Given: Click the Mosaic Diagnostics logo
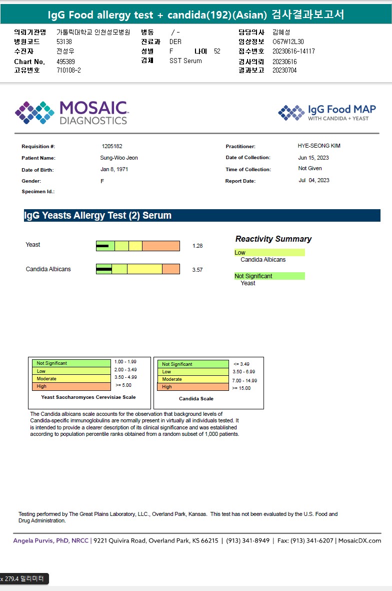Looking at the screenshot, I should click(71, 113).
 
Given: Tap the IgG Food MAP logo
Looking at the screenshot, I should click(327, 113).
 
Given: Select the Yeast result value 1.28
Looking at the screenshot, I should click(197, 246).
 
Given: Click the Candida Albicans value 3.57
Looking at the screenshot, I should click(197, 270).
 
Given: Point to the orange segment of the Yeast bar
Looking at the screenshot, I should click(160, 246).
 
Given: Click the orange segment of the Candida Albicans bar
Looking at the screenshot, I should click(170, 269).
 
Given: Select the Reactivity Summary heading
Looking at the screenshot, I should click(273, 239).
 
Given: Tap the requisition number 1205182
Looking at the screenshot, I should click(112, 146).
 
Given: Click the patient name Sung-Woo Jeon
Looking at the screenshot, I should click(119, 158).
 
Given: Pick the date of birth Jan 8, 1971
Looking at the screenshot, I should click(114, 169).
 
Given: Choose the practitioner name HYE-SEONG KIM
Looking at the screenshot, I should click(319, 146).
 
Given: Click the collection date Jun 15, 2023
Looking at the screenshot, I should click(313, 158).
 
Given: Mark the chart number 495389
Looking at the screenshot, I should click(65, 62).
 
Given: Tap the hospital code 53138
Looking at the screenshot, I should click(64, 42).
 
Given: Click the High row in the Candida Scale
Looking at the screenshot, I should click(192, 387).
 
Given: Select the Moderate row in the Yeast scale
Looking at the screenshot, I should click(71, 379).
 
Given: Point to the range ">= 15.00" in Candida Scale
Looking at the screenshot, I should click(241, 388).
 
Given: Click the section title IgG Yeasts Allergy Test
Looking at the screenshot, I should click(97, 216).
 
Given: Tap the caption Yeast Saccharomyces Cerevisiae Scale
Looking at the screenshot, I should click(88, 397).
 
